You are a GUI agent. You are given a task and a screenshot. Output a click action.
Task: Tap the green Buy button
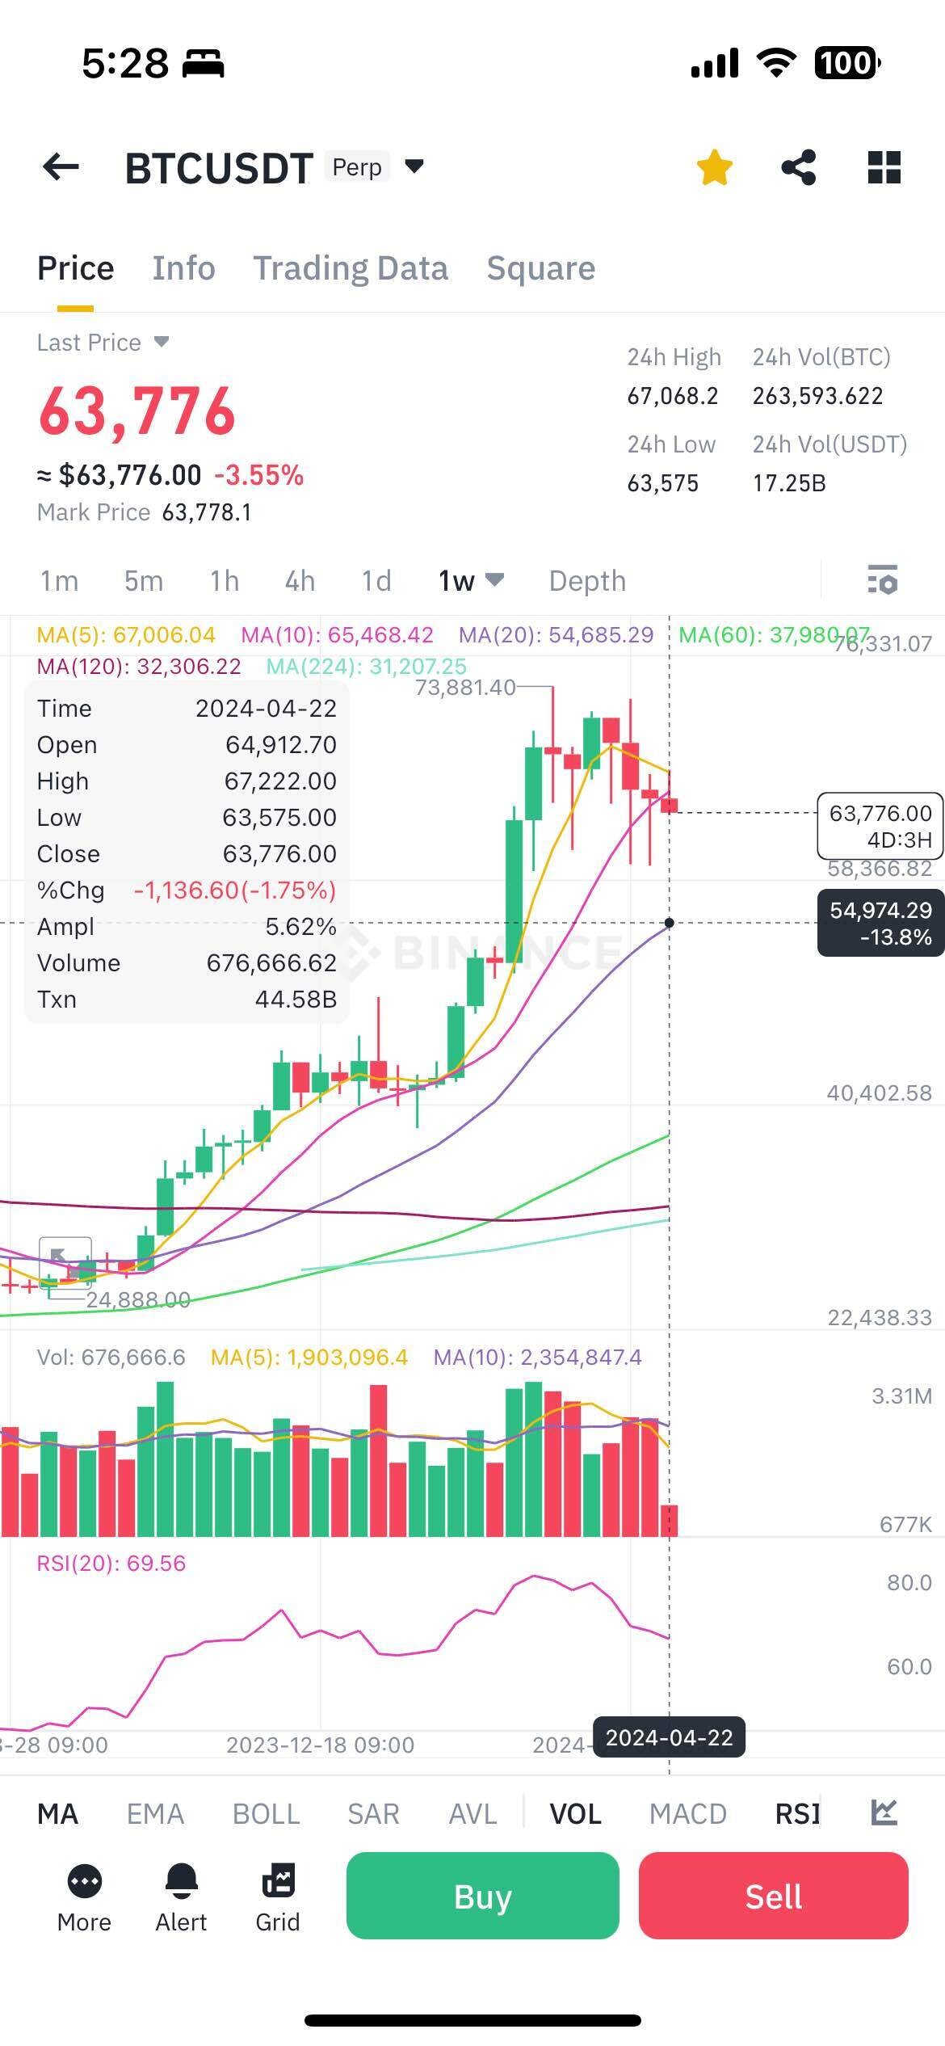coord(482,1896)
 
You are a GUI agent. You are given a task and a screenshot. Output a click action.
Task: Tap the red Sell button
coord(773,1896)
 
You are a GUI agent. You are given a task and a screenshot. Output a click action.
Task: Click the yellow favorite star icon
coord(714,168)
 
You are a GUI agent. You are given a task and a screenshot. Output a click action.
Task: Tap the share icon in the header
coord(798,168)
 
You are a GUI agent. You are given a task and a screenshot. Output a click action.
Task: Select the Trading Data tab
coord(351,268)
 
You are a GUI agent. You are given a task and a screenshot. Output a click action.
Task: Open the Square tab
coord(540,268)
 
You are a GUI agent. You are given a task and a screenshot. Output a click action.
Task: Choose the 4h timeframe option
coord(300,581)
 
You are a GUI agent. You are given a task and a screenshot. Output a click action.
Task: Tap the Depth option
coord(587,581)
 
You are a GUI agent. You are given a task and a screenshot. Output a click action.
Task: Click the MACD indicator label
coord(687,1813)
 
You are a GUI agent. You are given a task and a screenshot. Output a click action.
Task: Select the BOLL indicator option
coord(266,1813)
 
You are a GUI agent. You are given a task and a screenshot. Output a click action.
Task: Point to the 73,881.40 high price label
coord(464,688)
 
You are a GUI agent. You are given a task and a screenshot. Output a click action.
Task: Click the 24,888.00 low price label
coord(138,1299)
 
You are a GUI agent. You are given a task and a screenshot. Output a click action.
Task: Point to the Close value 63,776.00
coord(279,854)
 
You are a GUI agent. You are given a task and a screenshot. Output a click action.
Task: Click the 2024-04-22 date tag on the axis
coord(669,1737)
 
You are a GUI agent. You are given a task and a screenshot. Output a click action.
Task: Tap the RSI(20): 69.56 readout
coord(111,1563)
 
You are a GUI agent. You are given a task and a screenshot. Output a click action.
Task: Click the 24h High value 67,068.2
coord(673,396)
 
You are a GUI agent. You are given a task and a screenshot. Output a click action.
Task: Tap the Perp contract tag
coord(357,167)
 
